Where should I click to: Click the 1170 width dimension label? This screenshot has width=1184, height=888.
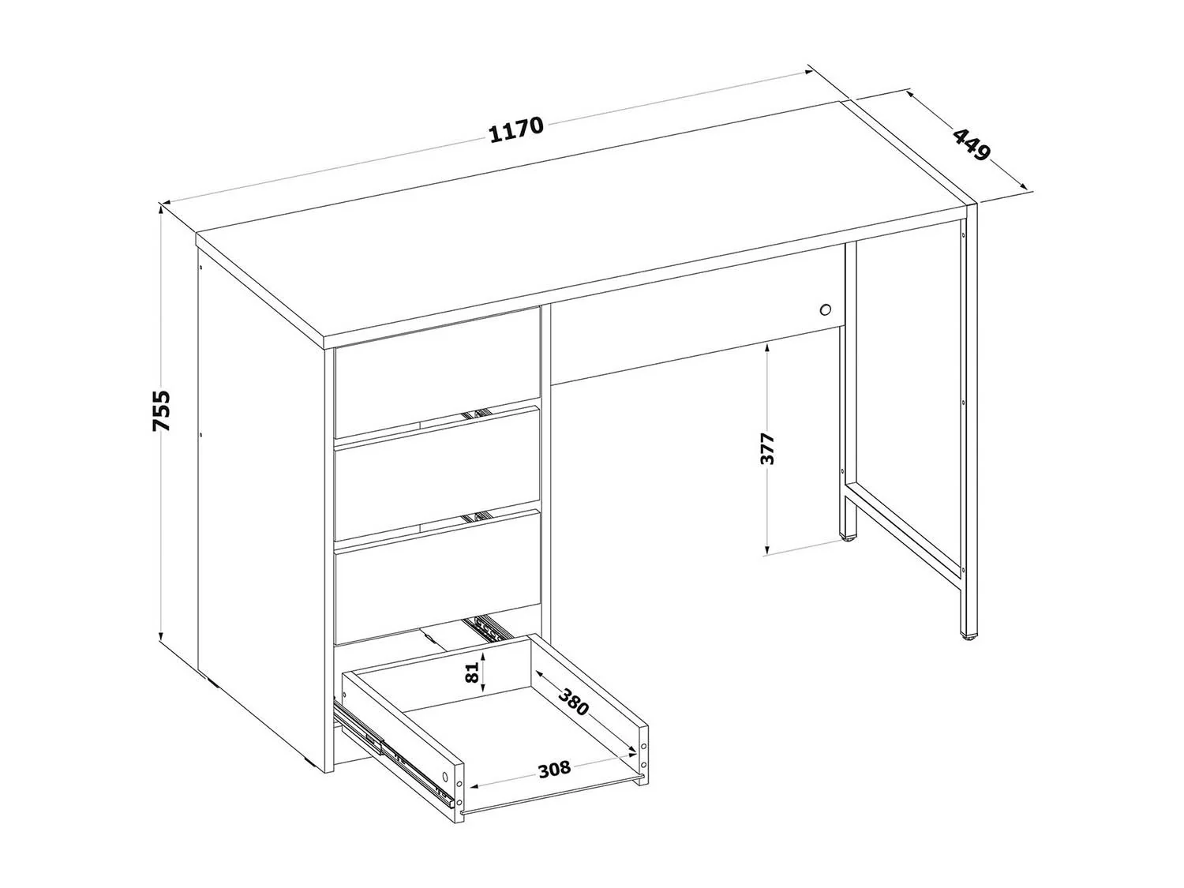[516, 129]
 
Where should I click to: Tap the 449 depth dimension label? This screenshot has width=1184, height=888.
[972, 144]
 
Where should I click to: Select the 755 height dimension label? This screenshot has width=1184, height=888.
[161, 410]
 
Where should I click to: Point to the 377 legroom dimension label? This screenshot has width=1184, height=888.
[766, 448]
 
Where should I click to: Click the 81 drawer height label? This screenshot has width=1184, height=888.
[471, 673]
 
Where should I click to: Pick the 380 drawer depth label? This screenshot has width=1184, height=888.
[573, 702]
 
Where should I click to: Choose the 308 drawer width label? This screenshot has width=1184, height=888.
[554, 768]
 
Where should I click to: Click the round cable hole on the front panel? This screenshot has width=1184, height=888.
[824, 309]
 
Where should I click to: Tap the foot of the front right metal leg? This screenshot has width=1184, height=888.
[969, 637]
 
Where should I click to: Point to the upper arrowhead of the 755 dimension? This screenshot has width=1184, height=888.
[160, 209]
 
